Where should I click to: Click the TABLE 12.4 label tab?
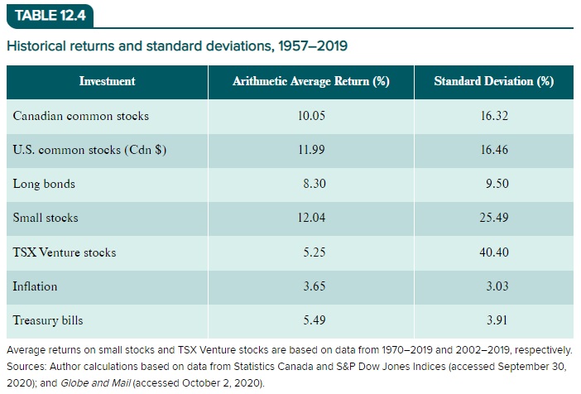(50, 15)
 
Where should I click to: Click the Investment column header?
(107, 81)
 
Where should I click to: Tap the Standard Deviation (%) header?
(494, 81)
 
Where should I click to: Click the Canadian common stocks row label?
(81, 116)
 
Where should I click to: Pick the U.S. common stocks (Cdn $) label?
(84, 150)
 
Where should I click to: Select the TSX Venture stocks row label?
(65, 252)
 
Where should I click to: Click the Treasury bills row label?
(48, 320)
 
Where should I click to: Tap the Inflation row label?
(36, 286)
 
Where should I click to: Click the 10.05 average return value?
(312, 116)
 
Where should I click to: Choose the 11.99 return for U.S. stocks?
(312, 150)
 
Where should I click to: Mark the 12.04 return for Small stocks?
(312, 218)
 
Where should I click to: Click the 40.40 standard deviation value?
(494, 252)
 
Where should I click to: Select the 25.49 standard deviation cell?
(494, 218)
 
